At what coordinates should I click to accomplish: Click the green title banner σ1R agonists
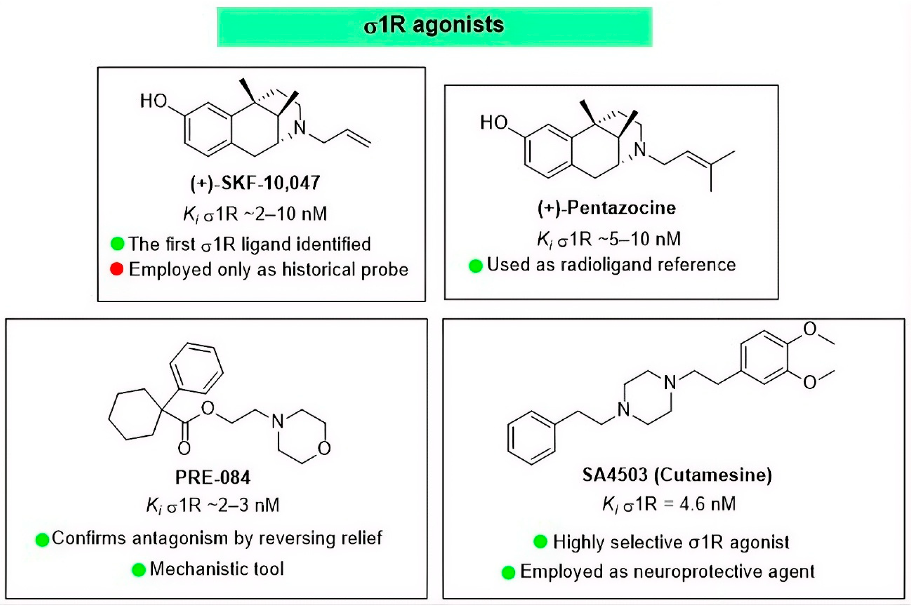coord(434,26)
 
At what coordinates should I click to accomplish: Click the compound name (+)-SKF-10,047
coord(255,183)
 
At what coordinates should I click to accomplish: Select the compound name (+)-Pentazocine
coord(607,208)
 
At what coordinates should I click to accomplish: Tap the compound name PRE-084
coord(213,477)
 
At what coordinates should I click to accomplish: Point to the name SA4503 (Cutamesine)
coord(677,475)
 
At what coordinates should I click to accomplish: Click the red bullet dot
coord(117,269)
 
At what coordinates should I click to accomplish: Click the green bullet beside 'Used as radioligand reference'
coord(476,266)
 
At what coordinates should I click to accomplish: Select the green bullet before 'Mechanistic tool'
coord(139,569)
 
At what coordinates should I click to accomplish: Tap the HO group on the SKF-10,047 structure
coord(153,101)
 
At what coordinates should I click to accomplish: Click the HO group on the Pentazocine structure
coord(494,123)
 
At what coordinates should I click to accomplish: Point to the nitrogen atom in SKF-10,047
coord(300,128)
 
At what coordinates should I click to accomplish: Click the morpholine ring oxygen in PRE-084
coord(324,449)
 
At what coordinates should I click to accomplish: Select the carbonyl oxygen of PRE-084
coord(184,448)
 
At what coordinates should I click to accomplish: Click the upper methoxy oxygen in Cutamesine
coord(809,329)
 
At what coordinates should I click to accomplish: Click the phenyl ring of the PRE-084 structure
coord(196,368)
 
